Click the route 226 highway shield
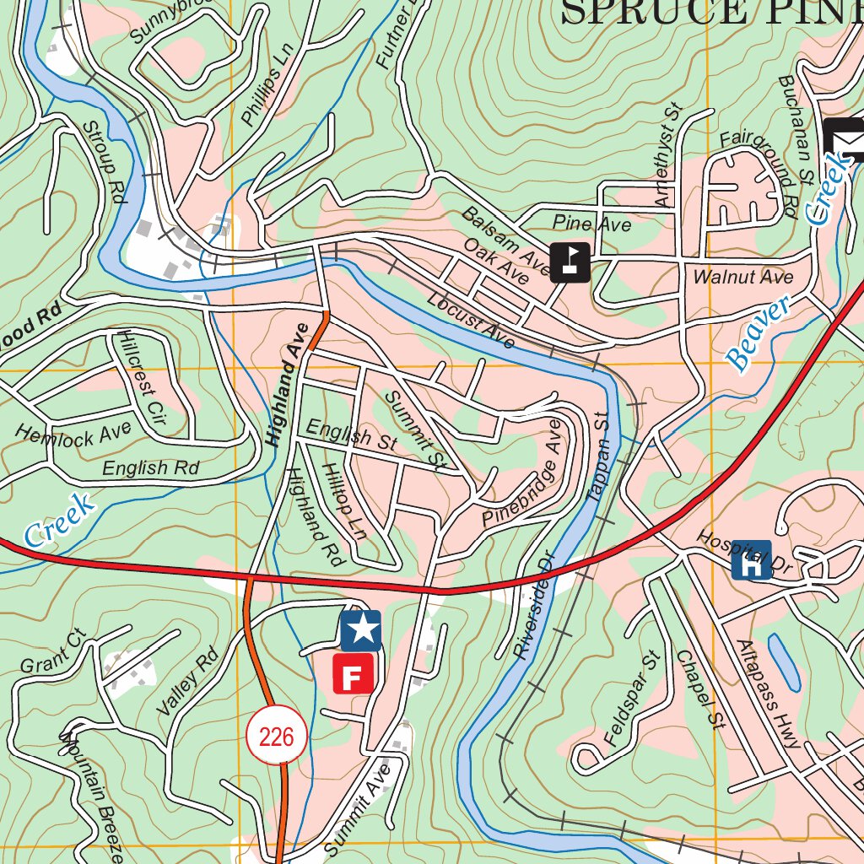(x=277, y=737)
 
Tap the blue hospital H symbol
(x=751, y=560)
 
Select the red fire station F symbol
(x=354, y=673)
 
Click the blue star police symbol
(x=361, y=630)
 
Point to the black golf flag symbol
(x=570, y=261)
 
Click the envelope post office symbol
(x=845, y=140)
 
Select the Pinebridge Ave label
(x=521, y=472)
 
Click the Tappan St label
(x=598, y=459)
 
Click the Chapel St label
(x=700, y=688)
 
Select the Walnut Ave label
(x=742, y=277)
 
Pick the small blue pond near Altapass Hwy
(x=784, y=662)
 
